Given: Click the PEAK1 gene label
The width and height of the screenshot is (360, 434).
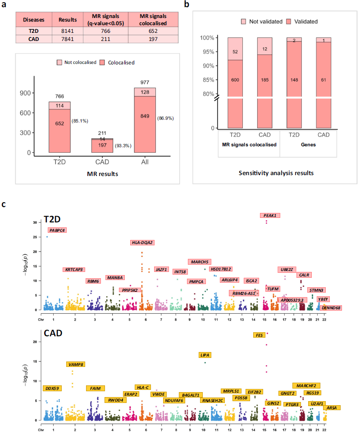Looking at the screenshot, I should (x=271, y=216).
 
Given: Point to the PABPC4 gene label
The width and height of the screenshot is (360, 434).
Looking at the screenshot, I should (x=57, y=230).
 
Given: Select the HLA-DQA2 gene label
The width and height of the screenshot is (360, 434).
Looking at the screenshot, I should (x=142, y=242).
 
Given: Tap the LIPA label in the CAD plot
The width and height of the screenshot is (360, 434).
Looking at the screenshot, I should (x=205, y=355).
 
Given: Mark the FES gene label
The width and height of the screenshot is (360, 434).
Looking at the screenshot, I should (x=259, y=335).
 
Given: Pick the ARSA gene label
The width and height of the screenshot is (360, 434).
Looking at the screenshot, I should (x=331, y=407).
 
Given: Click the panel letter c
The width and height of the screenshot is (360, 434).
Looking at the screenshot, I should (x=5, y=205).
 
